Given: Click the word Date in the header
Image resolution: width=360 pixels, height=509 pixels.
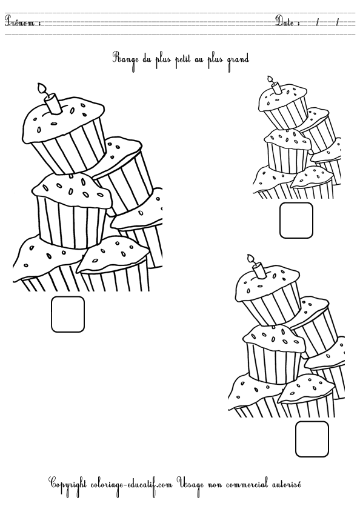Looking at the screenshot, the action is point(284,21).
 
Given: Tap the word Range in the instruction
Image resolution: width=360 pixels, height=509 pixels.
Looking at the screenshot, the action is point(122,59).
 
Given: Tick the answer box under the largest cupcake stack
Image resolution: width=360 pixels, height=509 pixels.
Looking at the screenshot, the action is point(68,314).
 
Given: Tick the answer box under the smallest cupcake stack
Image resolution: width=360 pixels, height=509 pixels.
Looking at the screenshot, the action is point(296,220).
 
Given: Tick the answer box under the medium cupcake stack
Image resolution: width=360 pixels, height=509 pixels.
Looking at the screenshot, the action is point(312,439).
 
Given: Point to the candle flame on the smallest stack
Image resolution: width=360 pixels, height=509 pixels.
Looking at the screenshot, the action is point(270,79).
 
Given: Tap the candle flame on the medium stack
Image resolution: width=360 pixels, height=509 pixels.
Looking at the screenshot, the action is point(250,259).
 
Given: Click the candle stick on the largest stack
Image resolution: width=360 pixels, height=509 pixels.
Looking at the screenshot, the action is point(53,103).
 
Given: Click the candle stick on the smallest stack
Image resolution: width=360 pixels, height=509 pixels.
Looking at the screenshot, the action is point(276,88).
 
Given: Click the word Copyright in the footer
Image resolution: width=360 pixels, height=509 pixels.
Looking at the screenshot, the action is point(67,484).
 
